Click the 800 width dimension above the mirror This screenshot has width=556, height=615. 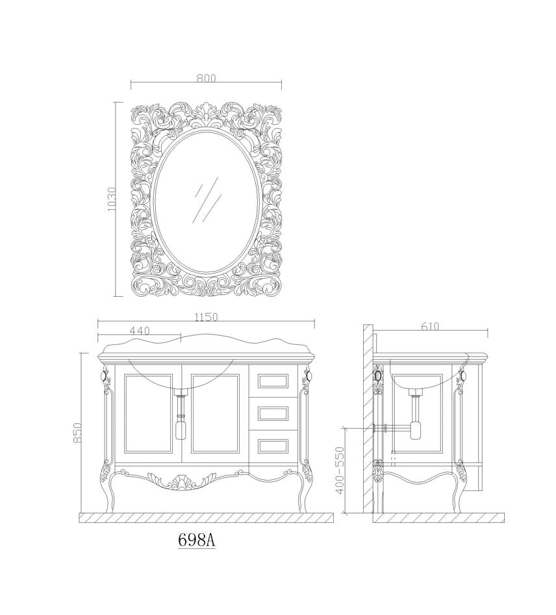click(x=206, y=78)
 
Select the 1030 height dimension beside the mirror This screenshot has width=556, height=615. click(x=112, y=199)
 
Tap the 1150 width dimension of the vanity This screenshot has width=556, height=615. click(x=206, y=316)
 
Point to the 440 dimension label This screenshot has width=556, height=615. click(x=139, y=331)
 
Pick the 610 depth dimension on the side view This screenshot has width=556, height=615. click(x=430, y=326)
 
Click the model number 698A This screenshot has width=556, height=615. click(x=196, y=540)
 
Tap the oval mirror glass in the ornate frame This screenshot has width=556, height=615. click(x=207, y=201)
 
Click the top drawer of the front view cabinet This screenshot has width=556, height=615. click(x=273, y=381)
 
